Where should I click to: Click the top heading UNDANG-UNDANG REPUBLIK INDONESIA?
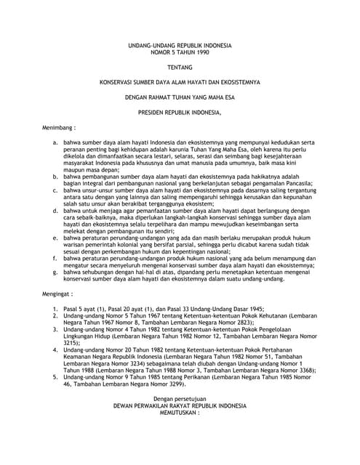pyautogui.click(x=180, y=45)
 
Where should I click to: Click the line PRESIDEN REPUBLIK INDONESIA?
pyautogui.click(x=180, y=113)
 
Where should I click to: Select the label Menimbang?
pyautogui.click(x=59, y=127)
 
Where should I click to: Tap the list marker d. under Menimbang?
pyautogui.click(x=56, y=210)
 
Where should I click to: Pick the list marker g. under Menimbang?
pyautogui.click(x=56, y=271)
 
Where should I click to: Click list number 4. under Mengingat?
pyautogui.click(x=56, y=352)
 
